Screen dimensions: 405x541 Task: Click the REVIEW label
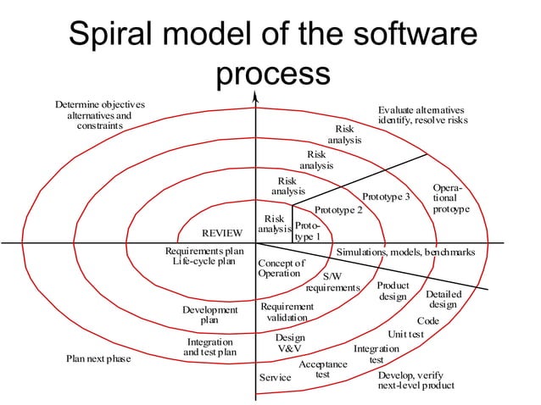pos(222,233)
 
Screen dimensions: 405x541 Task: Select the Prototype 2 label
pos(338,209)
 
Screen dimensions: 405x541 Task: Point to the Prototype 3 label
pos(386,197)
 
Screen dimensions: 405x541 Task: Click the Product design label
pos(393,291)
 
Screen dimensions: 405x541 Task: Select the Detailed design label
pos(443,299)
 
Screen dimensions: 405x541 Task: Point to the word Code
pos(428,321)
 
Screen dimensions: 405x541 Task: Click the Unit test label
pos(405,335)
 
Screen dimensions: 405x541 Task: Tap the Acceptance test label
pos(322,369)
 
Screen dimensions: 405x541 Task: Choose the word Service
pos(274,377)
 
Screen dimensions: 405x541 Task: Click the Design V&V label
pos(290,342)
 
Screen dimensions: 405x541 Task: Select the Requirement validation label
pos(287,312)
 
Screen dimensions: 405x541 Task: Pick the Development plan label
pos(209,315)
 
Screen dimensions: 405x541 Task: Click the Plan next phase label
pos(99,358)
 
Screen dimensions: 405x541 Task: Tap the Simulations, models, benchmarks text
pos(405,252)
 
